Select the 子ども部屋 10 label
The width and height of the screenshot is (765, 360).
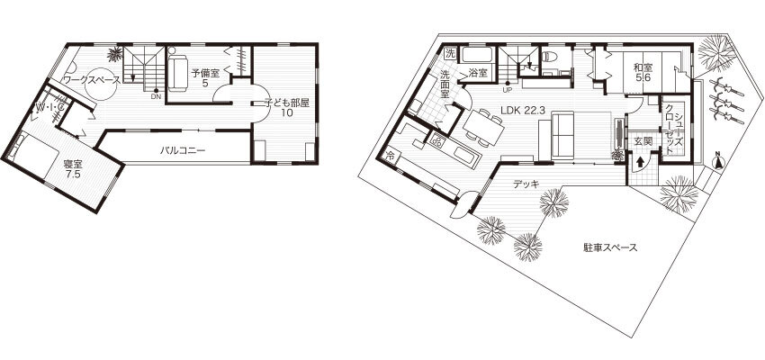tap(287, 108)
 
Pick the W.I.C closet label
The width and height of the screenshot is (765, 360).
tap(49, 109)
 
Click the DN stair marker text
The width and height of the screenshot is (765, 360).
tap(156, 95)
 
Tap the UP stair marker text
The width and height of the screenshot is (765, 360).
tap(507, 89)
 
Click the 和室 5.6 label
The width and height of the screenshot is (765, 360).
tap(642, 73)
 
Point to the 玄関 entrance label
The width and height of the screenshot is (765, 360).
tap(643, 140)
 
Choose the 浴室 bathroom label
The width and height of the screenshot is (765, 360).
tap(477, 72)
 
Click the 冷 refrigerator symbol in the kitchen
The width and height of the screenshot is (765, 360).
tap(391, 157)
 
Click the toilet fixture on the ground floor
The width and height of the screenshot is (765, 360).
tap(551, 61)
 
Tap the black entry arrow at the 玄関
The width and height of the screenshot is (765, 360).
tap(641, 163)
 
